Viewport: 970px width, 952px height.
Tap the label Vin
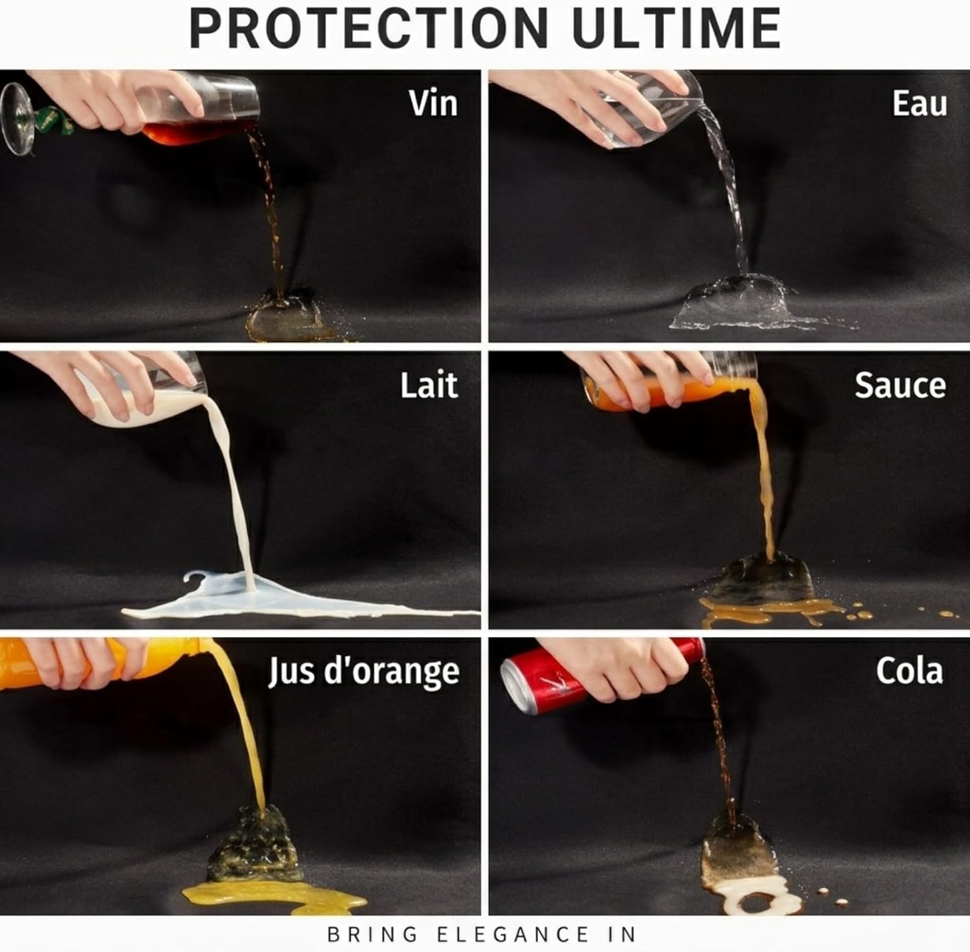coord(433,103)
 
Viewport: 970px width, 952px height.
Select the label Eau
coord(919,103)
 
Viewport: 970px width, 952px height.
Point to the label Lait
coord(429,385)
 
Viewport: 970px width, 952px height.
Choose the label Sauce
coord(900,385)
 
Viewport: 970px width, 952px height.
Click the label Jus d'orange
coord(363,671)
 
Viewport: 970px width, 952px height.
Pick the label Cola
coord(909,671)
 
